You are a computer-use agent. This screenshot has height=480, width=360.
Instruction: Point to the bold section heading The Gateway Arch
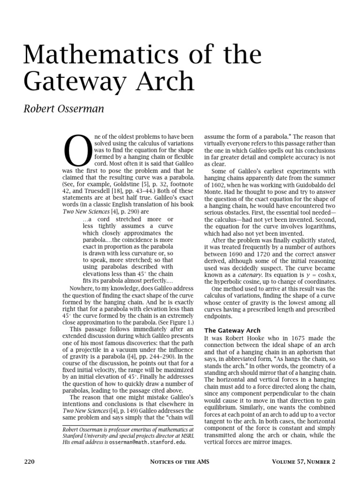click(232, 330)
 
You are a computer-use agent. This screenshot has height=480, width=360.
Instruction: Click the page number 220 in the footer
click(30, 462)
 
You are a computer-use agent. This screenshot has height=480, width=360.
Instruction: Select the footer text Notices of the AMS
click(180, 462)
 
